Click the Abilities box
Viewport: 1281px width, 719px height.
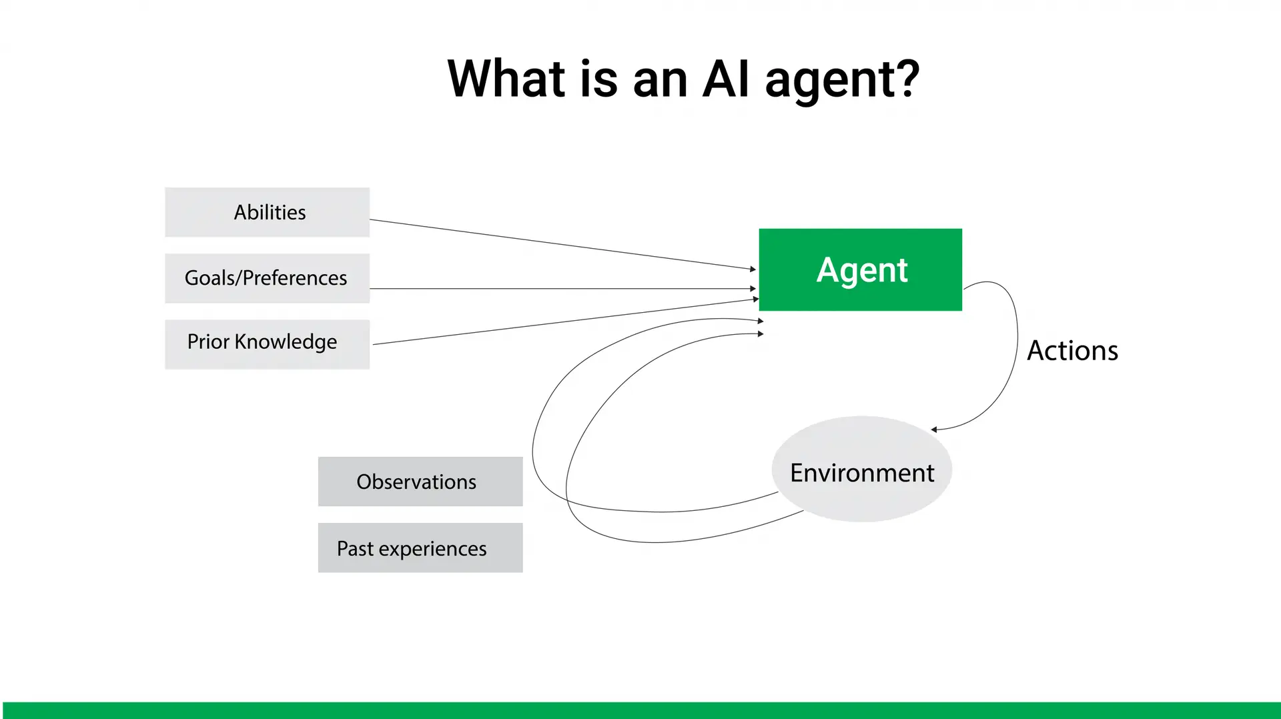click(x=267, y=212)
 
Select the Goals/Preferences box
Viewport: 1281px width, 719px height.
click(x=267, y=278)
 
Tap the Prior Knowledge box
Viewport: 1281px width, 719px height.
click(x=267, y=344)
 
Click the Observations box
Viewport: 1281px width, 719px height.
click(x=420, y=482)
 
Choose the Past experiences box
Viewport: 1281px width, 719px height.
click(x=420, y=548)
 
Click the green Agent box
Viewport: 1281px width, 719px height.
click(x=860, y=269)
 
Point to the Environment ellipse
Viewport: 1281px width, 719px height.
click(x=861, y=469)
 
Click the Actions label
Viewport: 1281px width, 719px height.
click(x=1072, y=351)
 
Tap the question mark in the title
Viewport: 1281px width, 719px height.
click(x=907, y=79)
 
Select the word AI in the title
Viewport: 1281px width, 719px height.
click(x=726, y=79)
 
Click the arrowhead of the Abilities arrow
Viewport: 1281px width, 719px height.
click(x=753, y=269)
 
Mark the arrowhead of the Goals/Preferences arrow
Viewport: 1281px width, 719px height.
click(x=753, y=289)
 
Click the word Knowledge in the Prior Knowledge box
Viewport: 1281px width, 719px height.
click(x=286, y=342)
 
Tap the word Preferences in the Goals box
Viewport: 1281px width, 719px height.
click(x=294, y=278)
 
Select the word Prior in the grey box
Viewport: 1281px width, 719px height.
click(x=208, y=342)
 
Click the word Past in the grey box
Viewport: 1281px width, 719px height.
click(x=355, y=549)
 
